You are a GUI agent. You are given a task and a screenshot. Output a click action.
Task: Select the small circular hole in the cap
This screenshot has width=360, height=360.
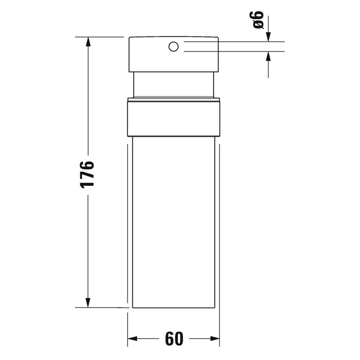click(173, 47)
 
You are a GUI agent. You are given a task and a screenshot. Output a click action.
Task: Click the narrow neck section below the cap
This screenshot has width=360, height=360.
click(173, 85)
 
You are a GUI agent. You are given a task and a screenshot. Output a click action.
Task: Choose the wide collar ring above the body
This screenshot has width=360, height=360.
click(173, 119)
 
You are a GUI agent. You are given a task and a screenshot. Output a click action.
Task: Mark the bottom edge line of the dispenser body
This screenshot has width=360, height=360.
click(173, 308)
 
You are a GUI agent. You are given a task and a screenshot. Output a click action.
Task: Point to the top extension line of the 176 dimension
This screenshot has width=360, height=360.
click(102, 37)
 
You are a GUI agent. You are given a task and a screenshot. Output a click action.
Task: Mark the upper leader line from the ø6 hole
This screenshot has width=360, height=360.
click(233, 42)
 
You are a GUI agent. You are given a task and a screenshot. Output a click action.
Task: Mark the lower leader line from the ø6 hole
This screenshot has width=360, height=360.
click(233, 52)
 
